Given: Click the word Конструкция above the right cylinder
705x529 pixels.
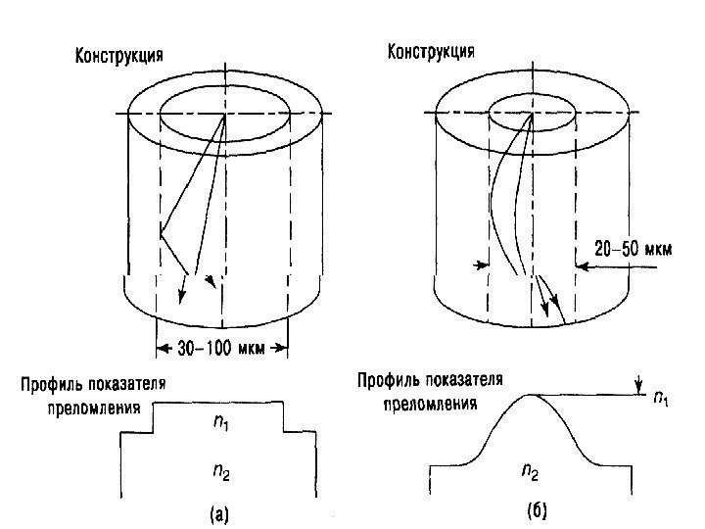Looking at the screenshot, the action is click(432, 51).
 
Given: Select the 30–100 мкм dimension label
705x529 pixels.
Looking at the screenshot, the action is click(220, 347).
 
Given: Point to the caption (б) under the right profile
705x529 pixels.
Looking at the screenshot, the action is click(535, 510).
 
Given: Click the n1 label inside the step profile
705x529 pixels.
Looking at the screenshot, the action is click(221, 423).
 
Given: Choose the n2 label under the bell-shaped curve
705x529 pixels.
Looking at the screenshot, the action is click(529, 472).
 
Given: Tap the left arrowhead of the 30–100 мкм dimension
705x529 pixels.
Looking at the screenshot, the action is click(160, 347).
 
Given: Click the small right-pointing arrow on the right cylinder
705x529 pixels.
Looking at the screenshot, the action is click(480, 264).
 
